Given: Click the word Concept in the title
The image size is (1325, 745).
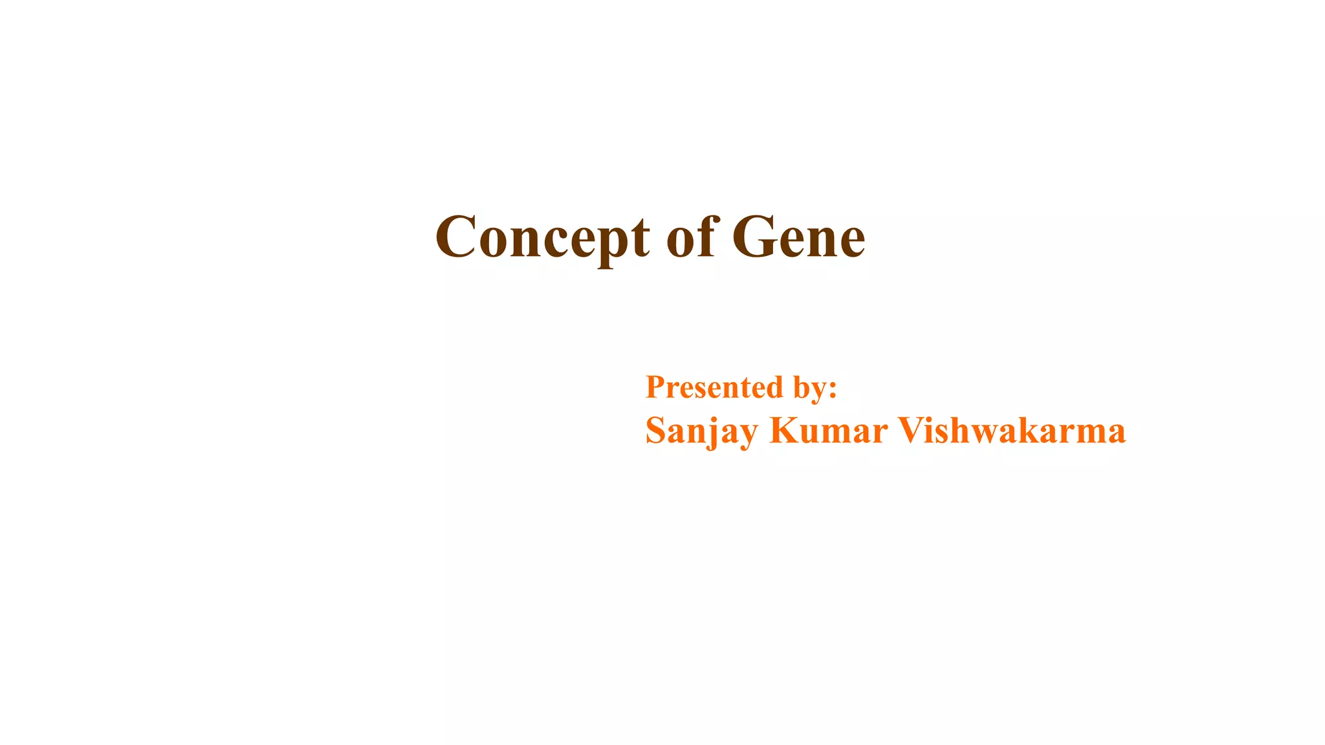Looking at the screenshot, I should [542, 238].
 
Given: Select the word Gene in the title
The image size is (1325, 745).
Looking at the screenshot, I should [798, 237].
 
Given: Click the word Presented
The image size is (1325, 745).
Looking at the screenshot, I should [714, 387].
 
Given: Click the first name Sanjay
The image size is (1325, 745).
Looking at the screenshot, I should [701, 431].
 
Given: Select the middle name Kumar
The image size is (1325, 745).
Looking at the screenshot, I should [828, 430].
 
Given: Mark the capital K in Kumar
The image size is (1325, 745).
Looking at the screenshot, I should [784, 430].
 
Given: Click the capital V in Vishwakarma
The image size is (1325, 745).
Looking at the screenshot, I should [912, 430].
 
